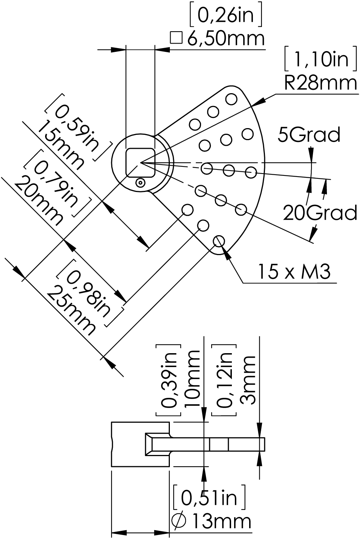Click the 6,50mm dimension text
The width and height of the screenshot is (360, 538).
coord(226,38)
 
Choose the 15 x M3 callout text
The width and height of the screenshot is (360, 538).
coord(293,272)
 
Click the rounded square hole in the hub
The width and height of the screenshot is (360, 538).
coord(141,163)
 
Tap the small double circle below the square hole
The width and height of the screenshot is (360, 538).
coord(140,183)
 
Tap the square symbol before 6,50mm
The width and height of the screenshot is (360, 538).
coord(176,38)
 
